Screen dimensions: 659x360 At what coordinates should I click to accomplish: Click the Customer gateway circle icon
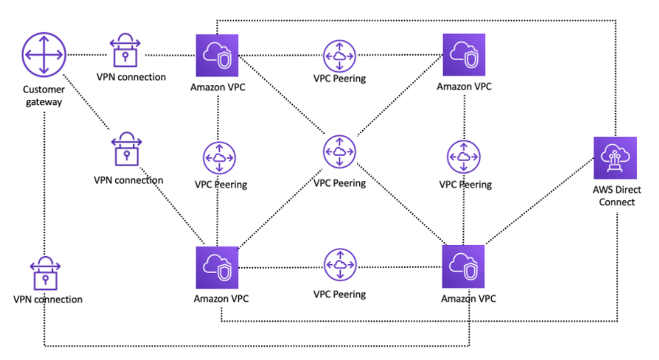pyautogui.click(x=44, y=55)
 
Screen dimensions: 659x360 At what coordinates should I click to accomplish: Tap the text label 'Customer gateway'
pyautogui.click(x=44, y=95)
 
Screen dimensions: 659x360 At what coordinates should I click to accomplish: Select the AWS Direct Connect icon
pyautogui.click(x=615, y=158)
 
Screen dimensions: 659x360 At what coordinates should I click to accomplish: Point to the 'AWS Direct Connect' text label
pyautogui.click(x=617, y=196)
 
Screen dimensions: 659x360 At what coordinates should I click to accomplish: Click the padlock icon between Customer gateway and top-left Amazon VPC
pyautogui.click(x=125, y=50)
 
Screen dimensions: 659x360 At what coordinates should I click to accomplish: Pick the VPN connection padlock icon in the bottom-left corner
pyautogui.click(x=45, y=273)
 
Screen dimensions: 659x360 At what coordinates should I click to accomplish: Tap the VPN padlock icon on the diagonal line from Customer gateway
pyautogui.click(x=126, y=149)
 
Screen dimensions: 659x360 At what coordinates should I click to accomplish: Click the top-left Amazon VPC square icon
pyautogui.click(x=217, y=55)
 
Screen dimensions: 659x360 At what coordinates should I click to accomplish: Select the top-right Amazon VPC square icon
pyautogui.click(x=464, y=55)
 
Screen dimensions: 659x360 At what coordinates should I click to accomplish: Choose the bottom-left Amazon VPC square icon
pyautogui.click(x=217, y=268)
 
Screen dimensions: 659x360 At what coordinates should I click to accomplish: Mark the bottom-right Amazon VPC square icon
pyautogui.click(x=463, y=267)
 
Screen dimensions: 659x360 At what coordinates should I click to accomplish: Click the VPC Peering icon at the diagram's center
pyautogui.click(x=340, y=152)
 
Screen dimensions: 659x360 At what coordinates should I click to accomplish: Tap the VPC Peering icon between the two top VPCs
pyautogui.click(x=340, y=56)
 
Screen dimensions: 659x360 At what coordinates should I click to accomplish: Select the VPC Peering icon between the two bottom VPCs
pyautogui.click(x=340, y=265)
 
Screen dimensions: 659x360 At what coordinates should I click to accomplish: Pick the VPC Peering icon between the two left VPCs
pyautogui.click(x=219, y=158)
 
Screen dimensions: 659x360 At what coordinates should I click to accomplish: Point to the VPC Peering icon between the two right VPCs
pyautogui.click(x=464, y=157)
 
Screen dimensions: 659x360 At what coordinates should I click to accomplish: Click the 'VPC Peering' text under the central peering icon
pyautogui.click(x=340, y=183)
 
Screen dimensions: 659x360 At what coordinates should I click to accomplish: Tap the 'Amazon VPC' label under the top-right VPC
pyautogui.click(x=464, y=86)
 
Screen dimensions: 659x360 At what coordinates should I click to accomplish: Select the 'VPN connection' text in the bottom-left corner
pyautogui.click(x=48, y=300)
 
